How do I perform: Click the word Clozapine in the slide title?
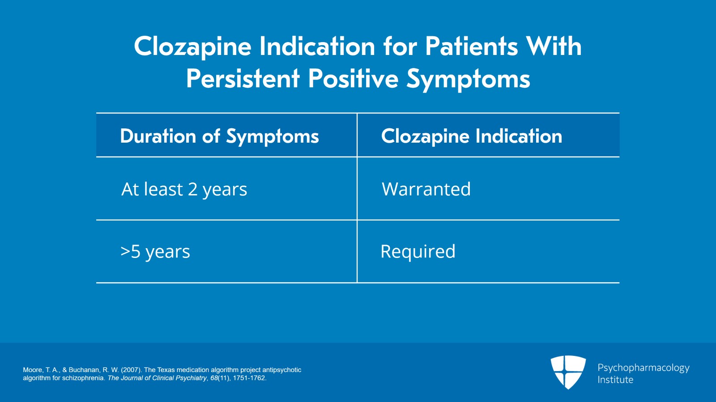pos(192,47)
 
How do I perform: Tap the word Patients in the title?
pos(471,47)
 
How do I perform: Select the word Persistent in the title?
pos(243,79)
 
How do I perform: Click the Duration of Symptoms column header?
pos(219,136)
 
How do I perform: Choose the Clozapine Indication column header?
pos(471,136)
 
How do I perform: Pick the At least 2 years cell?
pos(184,189)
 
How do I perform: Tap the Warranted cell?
pos(426,189)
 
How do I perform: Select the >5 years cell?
pos(155,252)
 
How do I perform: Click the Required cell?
pos(418,251)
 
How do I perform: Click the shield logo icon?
pos(568,372)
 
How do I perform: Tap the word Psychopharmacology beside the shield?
pos(643,368)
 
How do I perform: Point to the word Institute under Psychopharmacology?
pos(615,380)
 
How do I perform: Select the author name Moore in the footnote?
pos(32,370)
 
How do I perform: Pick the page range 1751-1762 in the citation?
pos(249,378)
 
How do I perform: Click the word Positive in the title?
pos(353,79)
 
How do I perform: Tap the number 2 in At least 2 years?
pos(192,189)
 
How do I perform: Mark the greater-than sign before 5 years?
pos(125,251)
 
